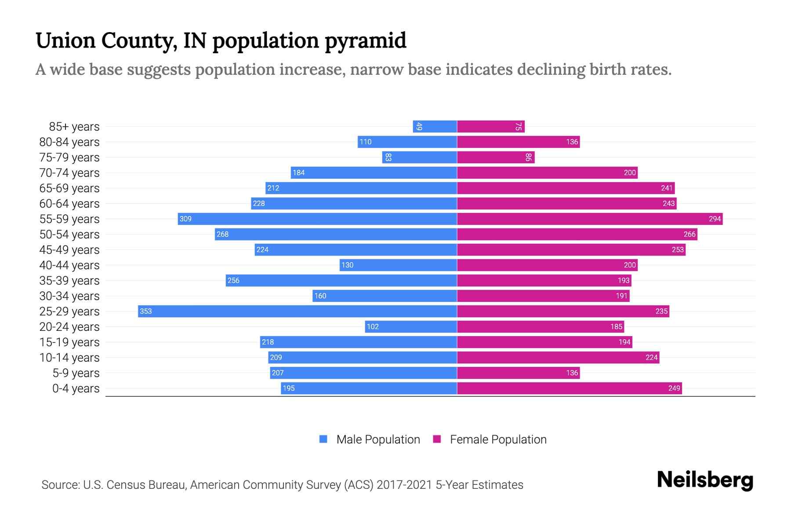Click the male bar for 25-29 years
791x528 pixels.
297,311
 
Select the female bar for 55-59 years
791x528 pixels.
590,219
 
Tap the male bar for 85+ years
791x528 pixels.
435,126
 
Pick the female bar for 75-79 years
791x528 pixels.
496,157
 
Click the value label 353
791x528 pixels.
145,311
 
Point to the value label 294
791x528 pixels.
715,219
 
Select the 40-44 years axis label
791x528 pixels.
69,265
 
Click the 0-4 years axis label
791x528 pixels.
76,388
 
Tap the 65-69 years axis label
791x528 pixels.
69,188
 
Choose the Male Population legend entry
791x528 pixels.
378,439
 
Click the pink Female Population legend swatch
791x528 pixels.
437,439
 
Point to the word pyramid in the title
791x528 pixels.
366,40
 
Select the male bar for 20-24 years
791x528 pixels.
411,326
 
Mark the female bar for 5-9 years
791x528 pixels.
519,373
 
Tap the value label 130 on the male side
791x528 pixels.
347,265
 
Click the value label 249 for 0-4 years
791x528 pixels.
674,388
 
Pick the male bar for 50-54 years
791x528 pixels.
336,234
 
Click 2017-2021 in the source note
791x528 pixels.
404,484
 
